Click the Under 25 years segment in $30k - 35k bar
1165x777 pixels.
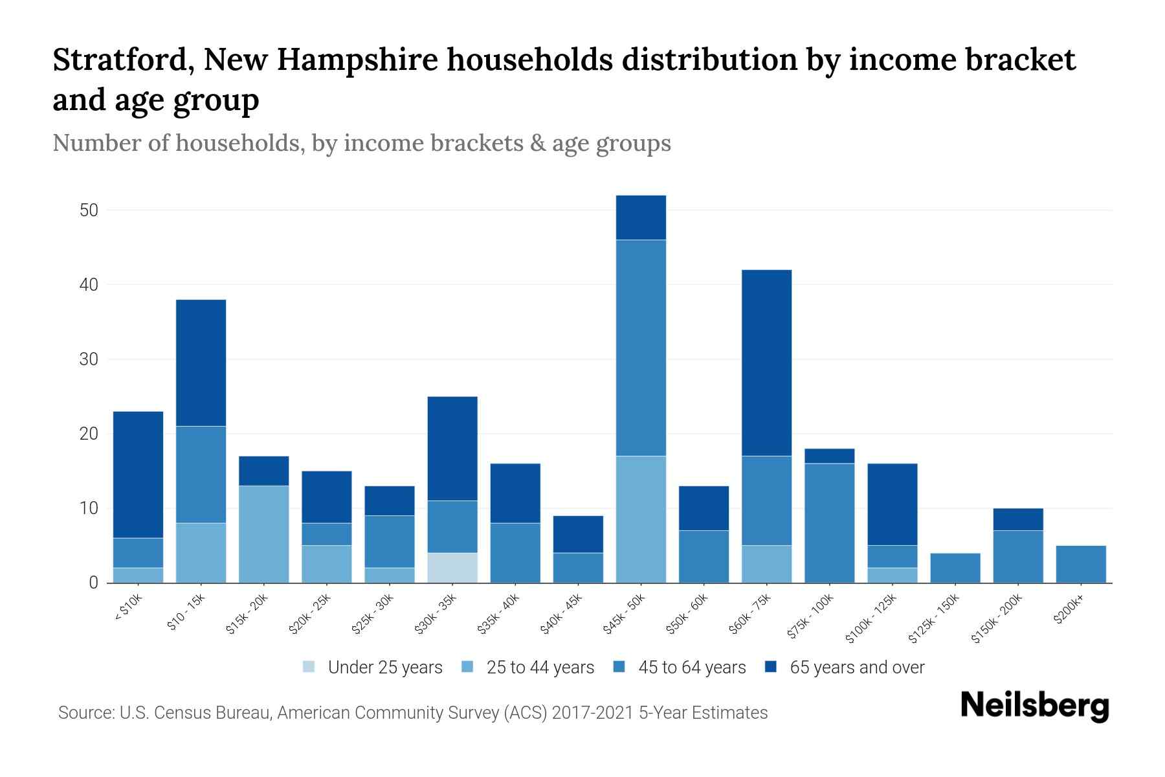[x=452, y=568]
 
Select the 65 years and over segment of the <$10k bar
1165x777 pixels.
[x=138, y=475]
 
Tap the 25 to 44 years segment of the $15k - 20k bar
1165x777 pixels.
[x=263, y=534]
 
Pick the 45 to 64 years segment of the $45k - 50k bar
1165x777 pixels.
[x=641, y=348]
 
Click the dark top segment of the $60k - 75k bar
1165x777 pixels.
[x=766, y=363]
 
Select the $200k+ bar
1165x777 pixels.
[x=1081, y=564]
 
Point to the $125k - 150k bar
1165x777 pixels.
[x=955, y=568]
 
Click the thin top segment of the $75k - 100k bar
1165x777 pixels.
[x=829, y=456]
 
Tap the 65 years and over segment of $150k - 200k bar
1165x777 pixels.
[x=1018, y=519]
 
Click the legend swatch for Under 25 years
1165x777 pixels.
[x=309, y=667]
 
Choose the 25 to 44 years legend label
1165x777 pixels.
[x=540, y=667]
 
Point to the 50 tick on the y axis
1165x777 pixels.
[x=89, y=210]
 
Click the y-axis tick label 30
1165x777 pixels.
[x=89, y=359]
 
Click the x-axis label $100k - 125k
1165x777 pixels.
[x=872, y=619]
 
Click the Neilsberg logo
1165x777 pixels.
[x=1034, y=706]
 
